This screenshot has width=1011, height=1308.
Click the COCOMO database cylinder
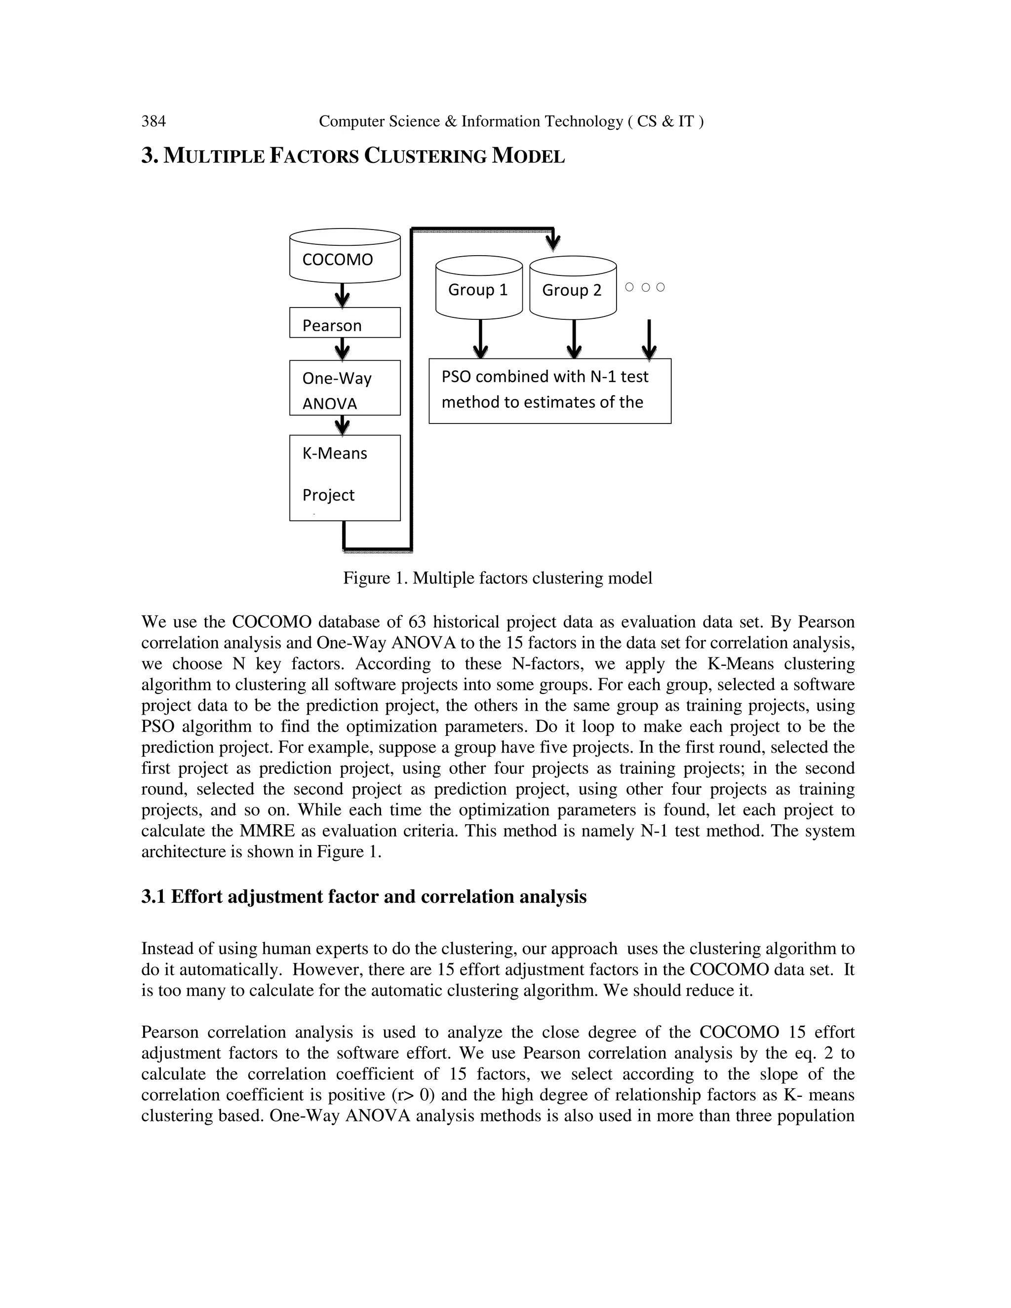[x=345, y=256]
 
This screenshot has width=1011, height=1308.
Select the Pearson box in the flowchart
[x=345, y=323]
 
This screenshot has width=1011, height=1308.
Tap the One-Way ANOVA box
[x=345, y=387]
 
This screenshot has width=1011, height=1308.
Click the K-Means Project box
[x=345, y=477]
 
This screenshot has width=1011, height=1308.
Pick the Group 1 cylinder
[x=478, y=288]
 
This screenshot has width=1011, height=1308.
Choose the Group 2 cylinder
[x=573, y=288]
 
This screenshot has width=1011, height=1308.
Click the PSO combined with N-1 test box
[x=550, y=390]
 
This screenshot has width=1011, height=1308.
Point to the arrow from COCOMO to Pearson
[x=342, y=295]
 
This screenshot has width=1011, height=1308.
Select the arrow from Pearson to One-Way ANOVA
[x=342, y=348]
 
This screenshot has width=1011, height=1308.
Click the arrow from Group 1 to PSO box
[x=480, y=339]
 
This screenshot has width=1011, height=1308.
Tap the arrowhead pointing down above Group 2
[x=553, y=242]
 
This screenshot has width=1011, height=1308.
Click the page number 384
[x=154, y=121]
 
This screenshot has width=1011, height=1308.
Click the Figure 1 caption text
[x=497, y=578]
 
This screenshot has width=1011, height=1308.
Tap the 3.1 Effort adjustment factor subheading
[x=363, y=896]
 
